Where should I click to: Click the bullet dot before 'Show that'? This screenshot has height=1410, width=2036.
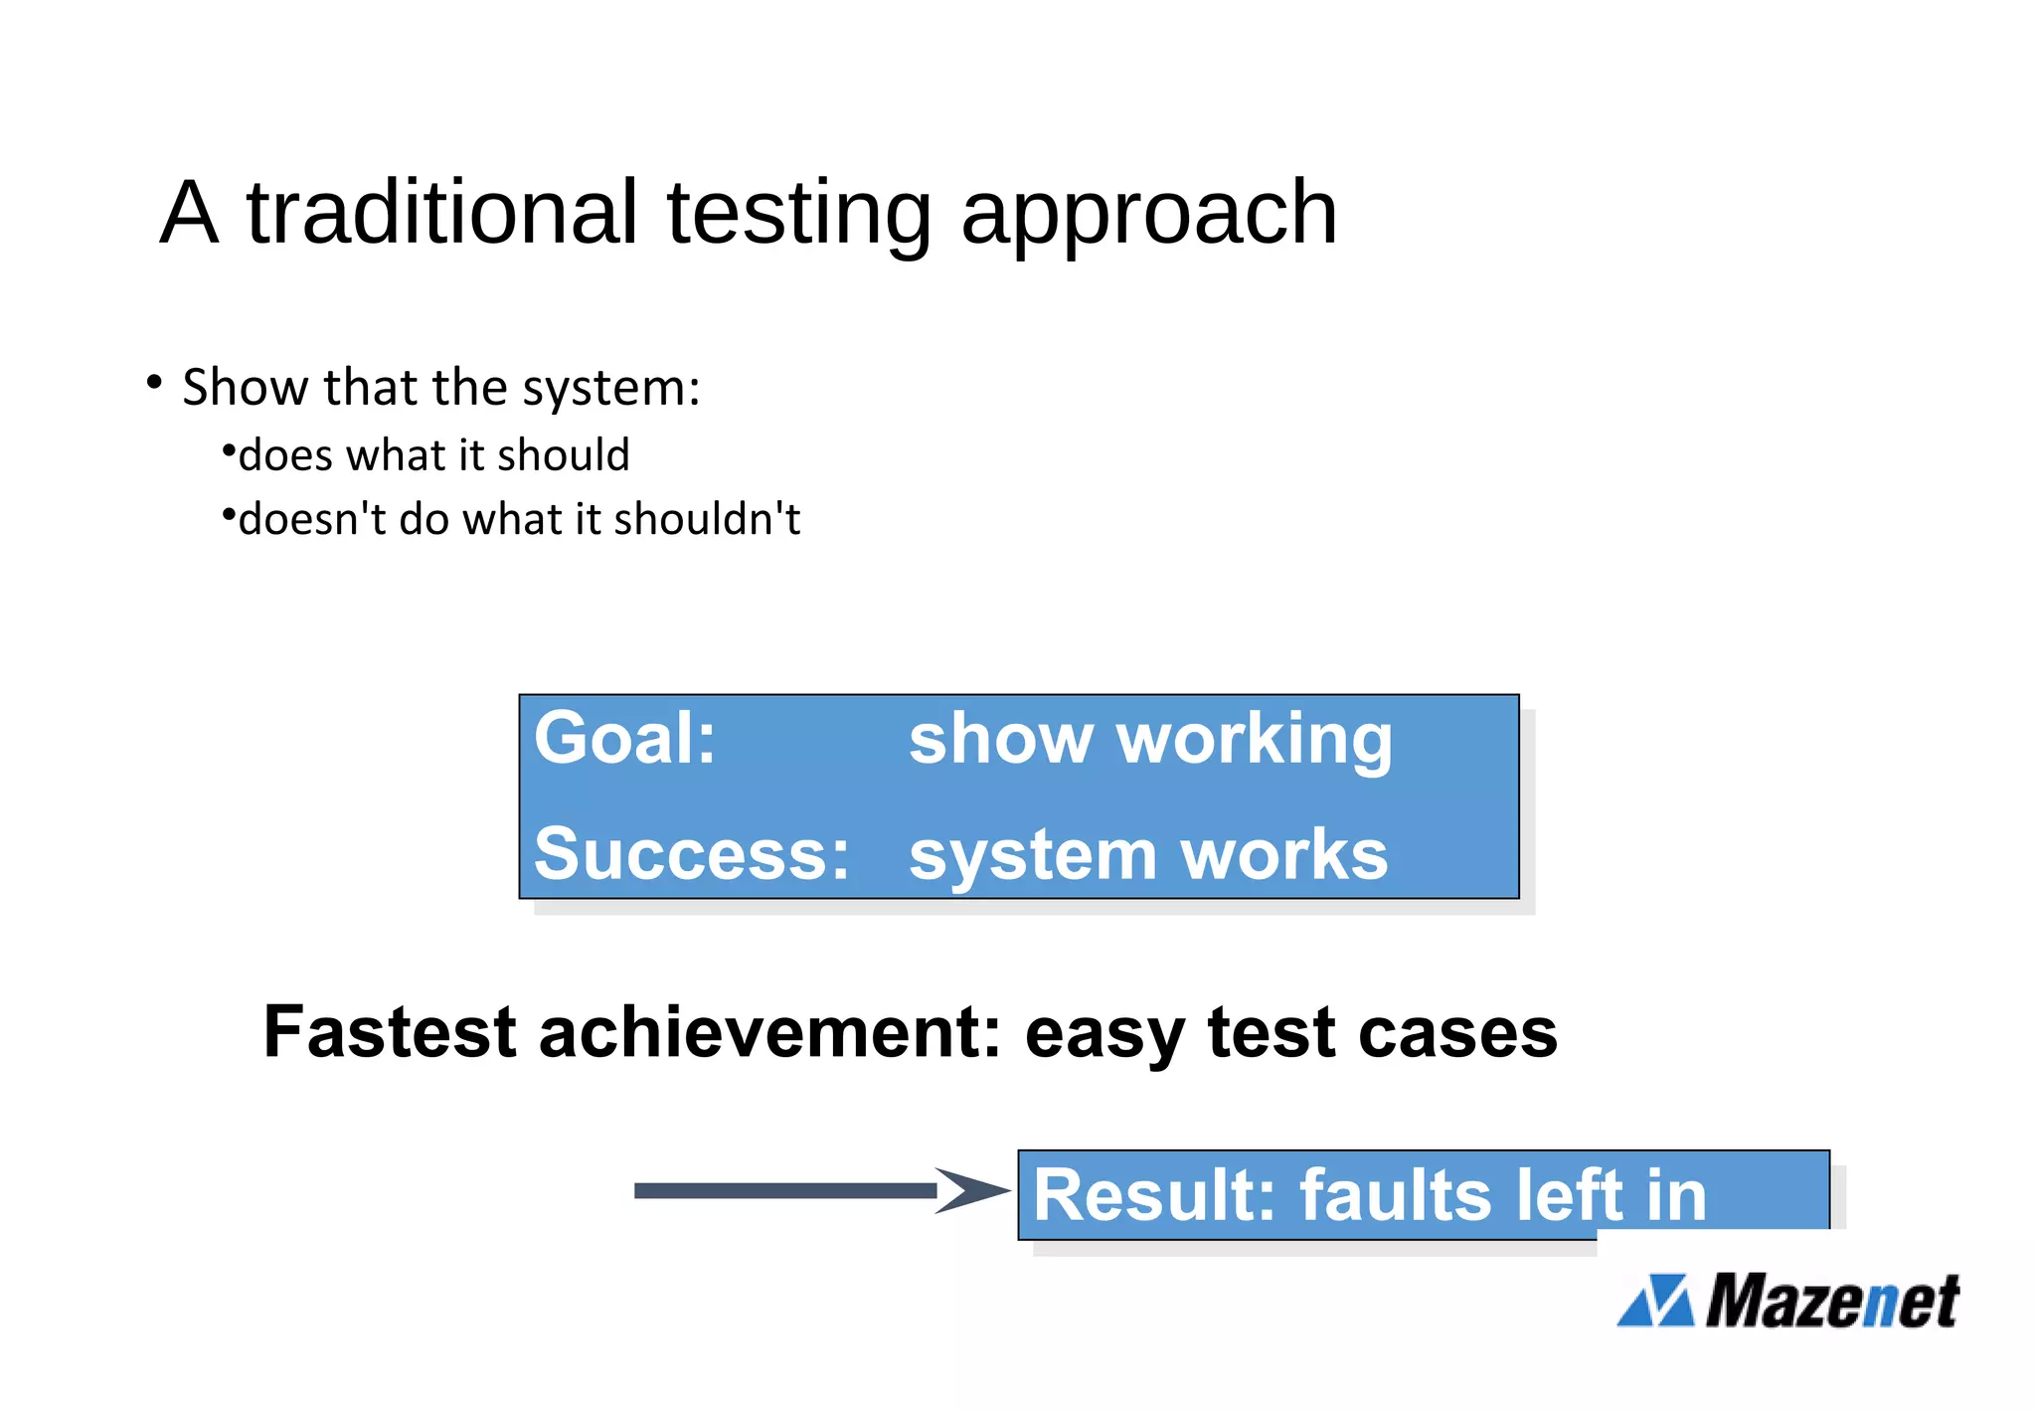153,382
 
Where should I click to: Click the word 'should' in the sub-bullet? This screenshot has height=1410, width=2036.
563,454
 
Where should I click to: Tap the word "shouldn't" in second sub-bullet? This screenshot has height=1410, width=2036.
707,519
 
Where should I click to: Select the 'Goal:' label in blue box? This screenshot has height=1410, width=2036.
624,738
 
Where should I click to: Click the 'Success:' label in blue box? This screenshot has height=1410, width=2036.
691,853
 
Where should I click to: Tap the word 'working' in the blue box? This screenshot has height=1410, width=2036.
1254,741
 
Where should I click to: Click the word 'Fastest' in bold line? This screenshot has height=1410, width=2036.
390,1031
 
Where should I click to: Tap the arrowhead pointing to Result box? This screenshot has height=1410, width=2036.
969,1190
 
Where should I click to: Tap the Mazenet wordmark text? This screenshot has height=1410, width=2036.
1832,1301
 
